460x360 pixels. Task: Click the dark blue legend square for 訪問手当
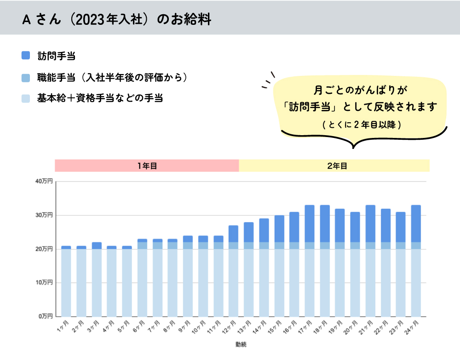[26, 56]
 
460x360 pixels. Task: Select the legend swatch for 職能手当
[26, 78]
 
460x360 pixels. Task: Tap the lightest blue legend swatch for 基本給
[26, 98]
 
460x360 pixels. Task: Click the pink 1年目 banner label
[147, 166]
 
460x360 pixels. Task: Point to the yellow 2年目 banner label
[334, 166]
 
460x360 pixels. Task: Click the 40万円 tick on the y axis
[44, 182]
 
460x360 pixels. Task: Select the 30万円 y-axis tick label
[44, 215]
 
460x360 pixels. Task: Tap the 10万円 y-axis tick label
[44, 282]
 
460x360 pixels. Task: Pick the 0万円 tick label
[46, 316]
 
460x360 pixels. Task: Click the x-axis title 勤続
[241, 344]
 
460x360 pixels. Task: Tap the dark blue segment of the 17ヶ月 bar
[310, 223]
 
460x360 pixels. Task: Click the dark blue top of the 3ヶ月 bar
[97, 246]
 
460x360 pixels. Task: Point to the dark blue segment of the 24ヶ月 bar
[416, 223]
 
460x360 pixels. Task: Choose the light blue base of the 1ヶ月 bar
[66, 282]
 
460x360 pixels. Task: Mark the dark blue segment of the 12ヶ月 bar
[234, 234]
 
